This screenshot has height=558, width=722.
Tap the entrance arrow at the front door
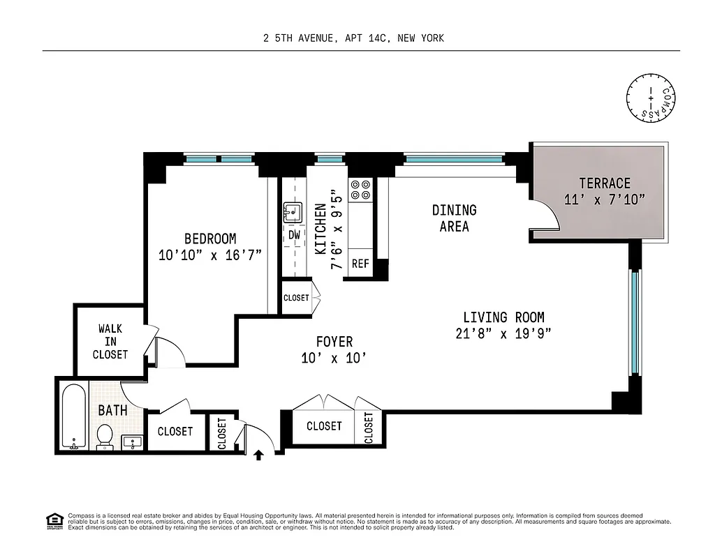[x=258, y=455]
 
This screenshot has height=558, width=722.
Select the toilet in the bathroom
[x=105, y=436]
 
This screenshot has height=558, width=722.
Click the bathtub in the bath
[x=73, y=416]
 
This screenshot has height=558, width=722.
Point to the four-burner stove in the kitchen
[x=361, y=190]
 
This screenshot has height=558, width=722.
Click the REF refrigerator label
[x=360, y=264]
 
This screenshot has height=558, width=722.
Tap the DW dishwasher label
[x=294, y=235]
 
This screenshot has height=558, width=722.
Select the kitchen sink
[x=293, y=211]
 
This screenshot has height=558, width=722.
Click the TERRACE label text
[x=605, y=183]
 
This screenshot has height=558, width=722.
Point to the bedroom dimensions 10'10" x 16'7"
[x=210, y=255]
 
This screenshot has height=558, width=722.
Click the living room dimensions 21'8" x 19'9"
[x=503, y=333]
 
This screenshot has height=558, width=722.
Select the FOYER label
[x=334, y=342]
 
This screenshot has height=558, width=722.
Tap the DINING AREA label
[x=454, y=218]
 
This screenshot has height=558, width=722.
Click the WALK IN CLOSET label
[x=110, y=341]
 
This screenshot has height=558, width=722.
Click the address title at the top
[x=353, y=38]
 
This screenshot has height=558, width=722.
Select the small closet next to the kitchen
[x=296, y=298]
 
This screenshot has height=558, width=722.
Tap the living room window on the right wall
[x=634, y=322]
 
